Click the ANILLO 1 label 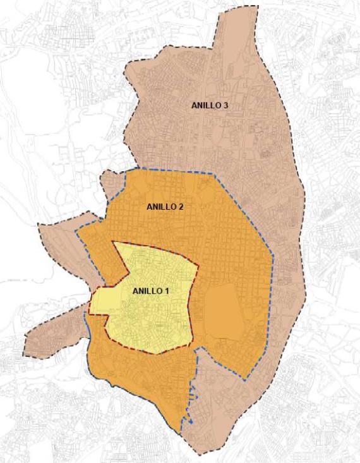click(152, 291)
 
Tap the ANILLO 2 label click(165, 207)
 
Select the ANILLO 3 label click(210, 105)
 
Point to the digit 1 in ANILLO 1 click(169, 291)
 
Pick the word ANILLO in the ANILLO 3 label click(206, 105)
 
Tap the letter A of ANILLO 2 click(149, 207)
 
